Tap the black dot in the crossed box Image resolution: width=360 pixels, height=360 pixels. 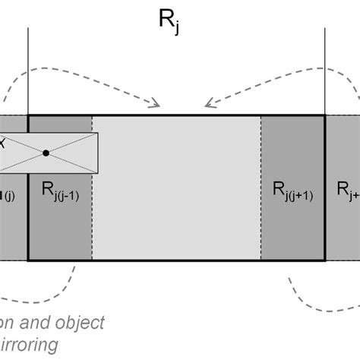pos(46,153)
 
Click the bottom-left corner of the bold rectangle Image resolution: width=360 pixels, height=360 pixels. pos(28,261)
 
